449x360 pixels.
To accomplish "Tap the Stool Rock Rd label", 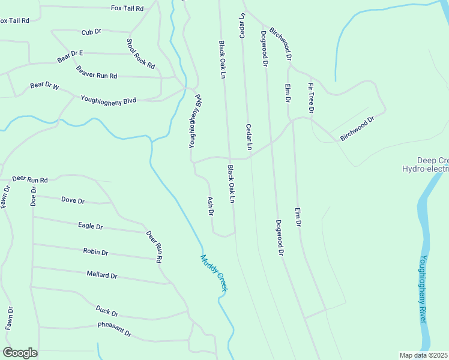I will [x=140, y=54].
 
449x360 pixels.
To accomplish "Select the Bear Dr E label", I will [x=70, y=56].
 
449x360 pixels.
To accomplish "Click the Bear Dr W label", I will [x=45, y=86].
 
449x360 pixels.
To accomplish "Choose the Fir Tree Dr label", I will [x=312, y=98].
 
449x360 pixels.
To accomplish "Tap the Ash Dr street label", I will [x=211, y=207].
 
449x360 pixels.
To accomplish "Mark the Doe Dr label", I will [x=34, y=196].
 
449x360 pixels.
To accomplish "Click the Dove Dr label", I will [x=73, y=200].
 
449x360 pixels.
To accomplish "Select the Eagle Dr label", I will [x=91, y=226].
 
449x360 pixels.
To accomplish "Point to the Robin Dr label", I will [x=95, y=253].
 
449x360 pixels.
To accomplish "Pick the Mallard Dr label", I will [x=101, y=275].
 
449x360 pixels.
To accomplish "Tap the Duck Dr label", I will [x=107, y=311].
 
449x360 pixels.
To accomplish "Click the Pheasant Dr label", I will [x=114, y=329].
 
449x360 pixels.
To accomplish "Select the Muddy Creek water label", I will [x=214, y=274].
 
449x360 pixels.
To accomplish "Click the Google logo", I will [x=20, y=353].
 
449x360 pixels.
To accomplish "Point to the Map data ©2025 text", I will [x=424, y=355].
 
